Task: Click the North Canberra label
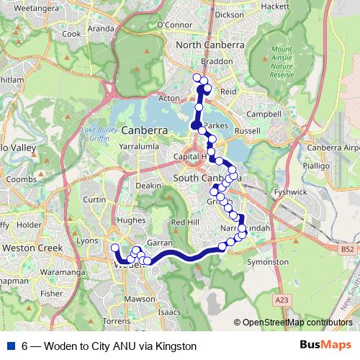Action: (x=210, y=45)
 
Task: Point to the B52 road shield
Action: (x=348, y=248)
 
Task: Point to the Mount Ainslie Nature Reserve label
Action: (x=282, y=63)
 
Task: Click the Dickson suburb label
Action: (x=229, y=14)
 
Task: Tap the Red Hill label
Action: (x=184, y=222)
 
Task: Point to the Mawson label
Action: (x=140, y=298)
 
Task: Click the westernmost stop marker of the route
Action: (x=114, y=248)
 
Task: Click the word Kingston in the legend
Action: (x=176, y=346)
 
